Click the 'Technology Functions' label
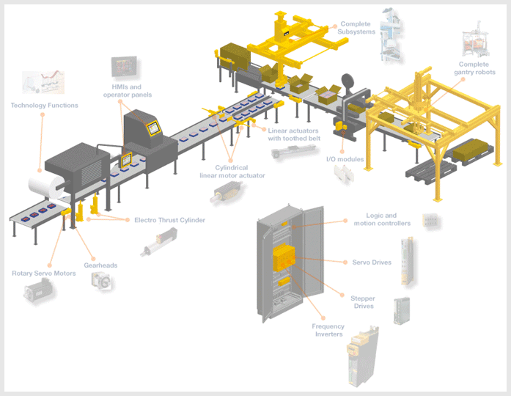(x=44, y=106)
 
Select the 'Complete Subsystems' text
(x=356, y=28)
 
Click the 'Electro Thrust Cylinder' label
(x=169, y=220)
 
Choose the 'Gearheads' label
(x=100, y=265)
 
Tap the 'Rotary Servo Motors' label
(x=43, y=274)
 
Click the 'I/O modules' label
(x=345, y=158)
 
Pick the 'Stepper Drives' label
(x=363, y=302)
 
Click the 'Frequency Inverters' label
(x=328, y=330)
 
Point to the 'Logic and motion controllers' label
(x=381, y=219)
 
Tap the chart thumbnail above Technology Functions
(x=43, y=84)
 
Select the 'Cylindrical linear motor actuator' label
(x=232, y=172)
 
